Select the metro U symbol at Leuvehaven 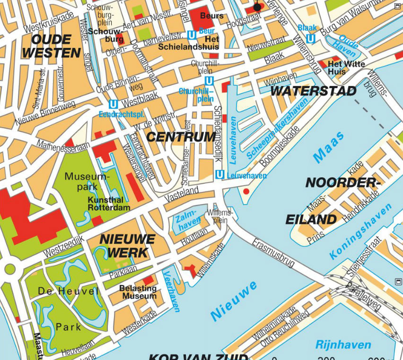tap(219, 175)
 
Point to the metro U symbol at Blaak tap(311, 38)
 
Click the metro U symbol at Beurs tap(192, 35)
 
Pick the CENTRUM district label tap(181, 137)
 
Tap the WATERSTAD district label tap(313, 91)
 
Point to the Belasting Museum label tap(138, 292)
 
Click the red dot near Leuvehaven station tap(245, 191)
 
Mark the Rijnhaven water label tap(343, 344)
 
